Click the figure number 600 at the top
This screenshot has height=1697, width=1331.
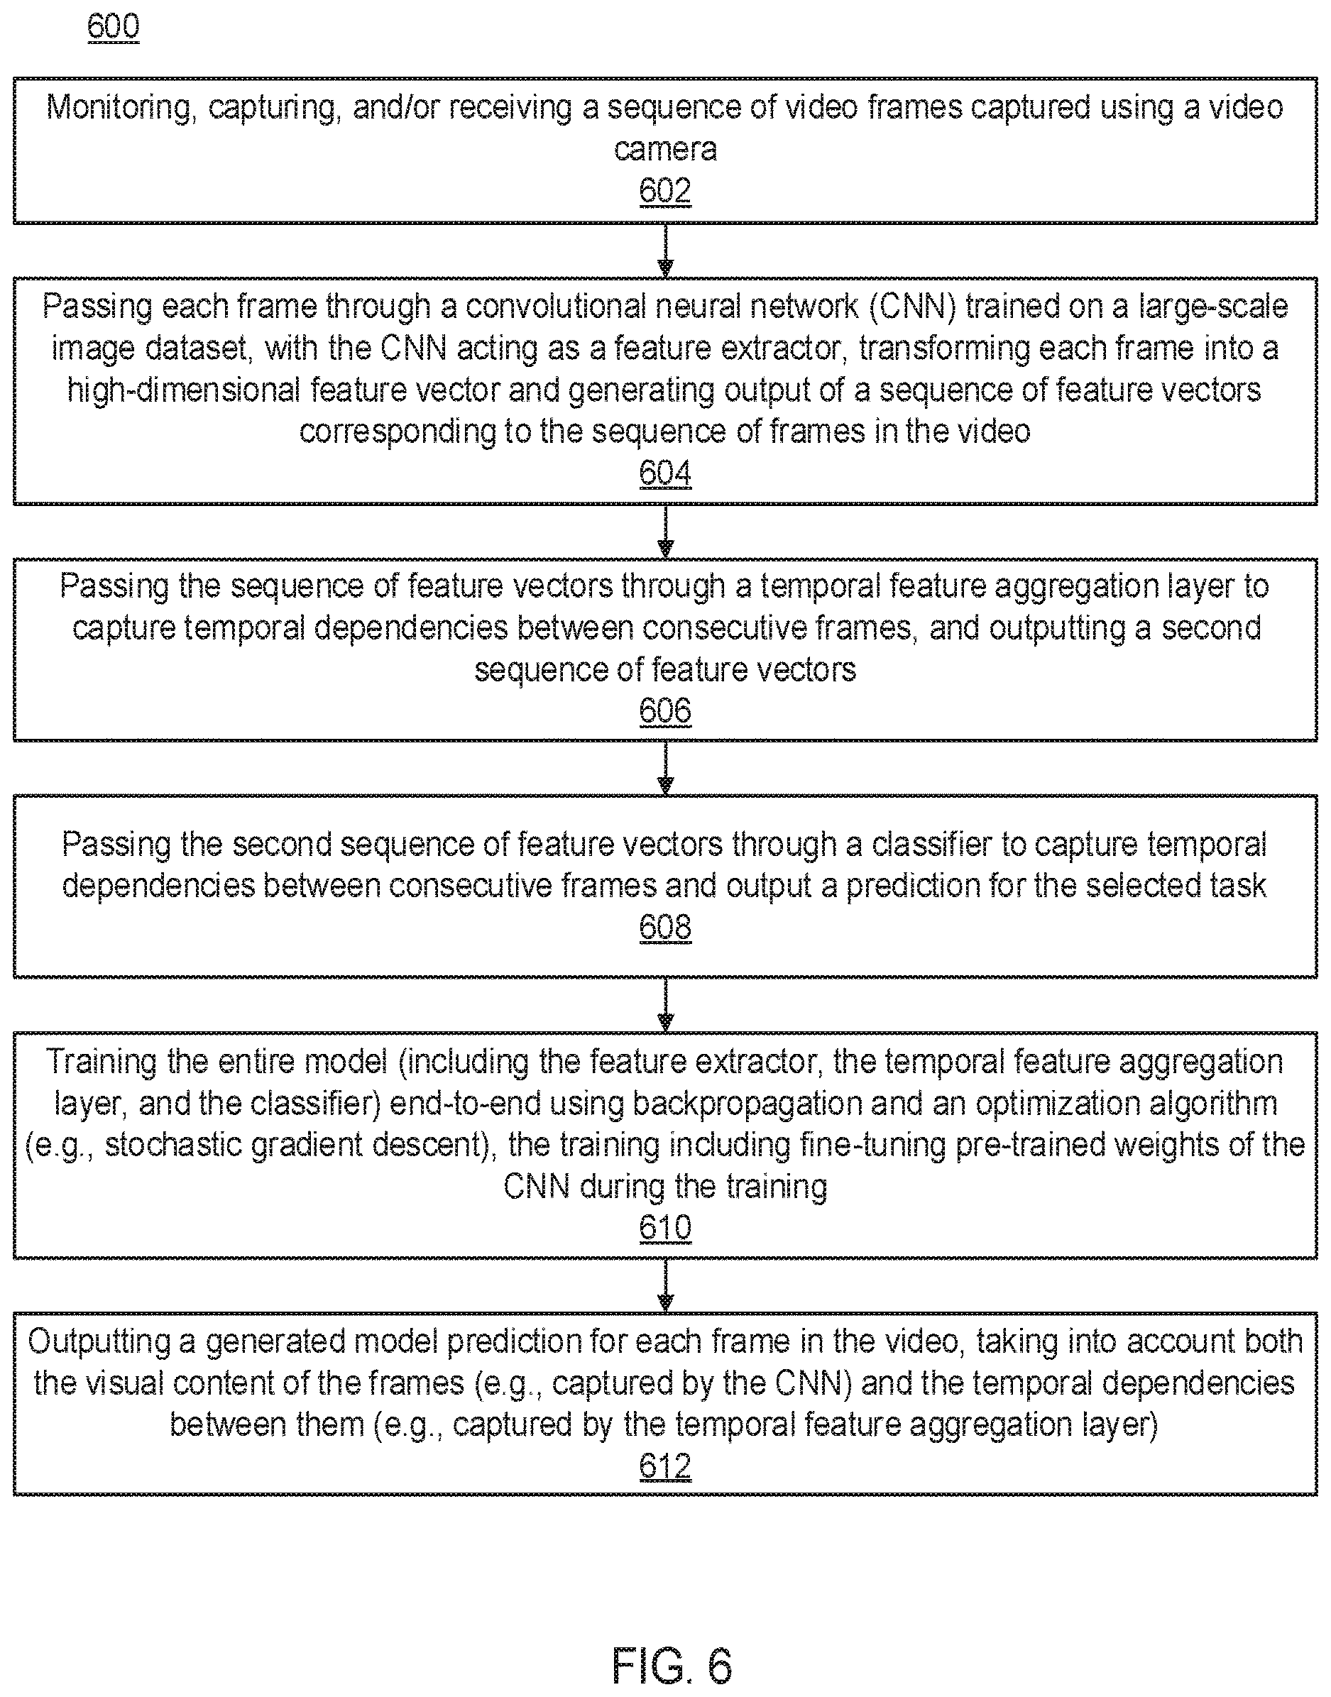tap(113, 26)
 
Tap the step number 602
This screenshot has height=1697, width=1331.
tap(664, 191)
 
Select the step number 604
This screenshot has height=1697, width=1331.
tap(664, 473)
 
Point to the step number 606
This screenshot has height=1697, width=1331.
tap(664, 710)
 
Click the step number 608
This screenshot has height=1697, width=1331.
tap(664, 927)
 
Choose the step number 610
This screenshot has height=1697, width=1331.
tap(664, 1228)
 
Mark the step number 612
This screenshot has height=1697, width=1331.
tap(664, 1466)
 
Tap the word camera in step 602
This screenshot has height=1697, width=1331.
tap(664, 149)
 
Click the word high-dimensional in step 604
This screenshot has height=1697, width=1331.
tap(183, 390)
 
